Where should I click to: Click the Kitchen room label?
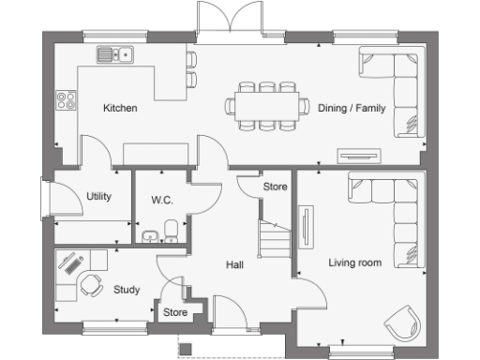[x=120, y=109]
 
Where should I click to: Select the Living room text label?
[x=354, y=263]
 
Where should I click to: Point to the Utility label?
[x=98, y=197]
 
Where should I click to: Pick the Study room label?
[x=127, y=290]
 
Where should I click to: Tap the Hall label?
[x=235, y=265]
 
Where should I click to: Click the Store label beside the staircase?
[x=275, y=187]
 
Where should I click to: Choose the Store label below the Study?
[x=175, y=312]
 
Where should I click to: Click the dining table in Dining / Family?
[x=267, y=106]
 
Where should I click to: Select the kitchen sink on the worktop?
[x=116, y=55]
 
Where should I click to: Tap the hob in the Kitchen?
[x=66, y=97]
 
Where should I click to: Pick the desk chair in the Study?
[x=91, y=284]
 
